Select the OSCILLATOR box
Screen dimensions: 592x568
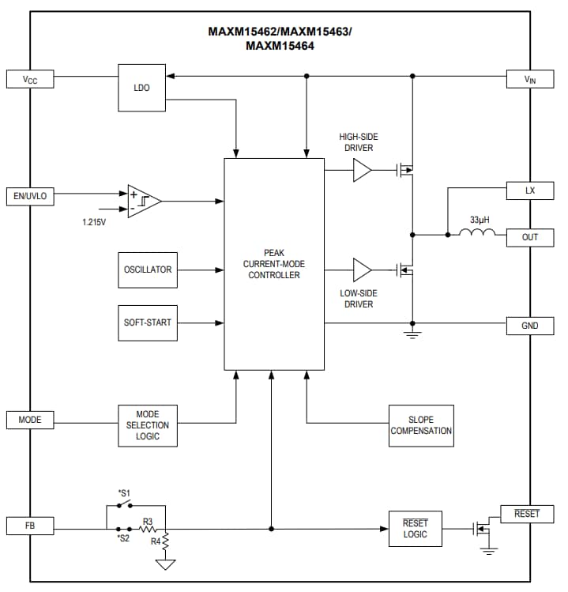point(148,270)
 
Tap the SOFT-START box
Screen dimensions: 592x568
point(148,322)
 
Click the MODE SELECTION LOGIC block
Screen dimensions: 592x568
point(148,425)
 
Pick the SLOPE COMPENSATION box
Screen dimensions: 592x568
point(421,425)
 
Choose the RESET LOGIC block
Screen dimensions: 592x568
point(415,529)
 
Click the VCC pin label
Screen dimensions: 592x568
point(31,79)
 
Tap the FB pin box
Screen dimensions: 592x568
point(31,526)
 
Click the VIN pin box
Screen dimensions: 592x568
point(530,79)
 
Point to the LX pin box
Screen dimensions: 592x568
point(530,191)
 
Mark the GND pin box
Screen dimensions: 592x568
point(530,325)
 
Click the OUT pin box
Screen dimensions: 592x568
point(530,237)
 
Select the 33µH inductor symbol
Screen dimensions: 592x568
point(478,232)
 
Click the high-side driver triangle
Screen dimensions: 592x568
point(362,170)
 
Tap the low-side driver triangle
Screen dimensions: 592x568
point(362,270)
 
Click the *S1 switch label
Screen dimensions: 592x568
point(123,492)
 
